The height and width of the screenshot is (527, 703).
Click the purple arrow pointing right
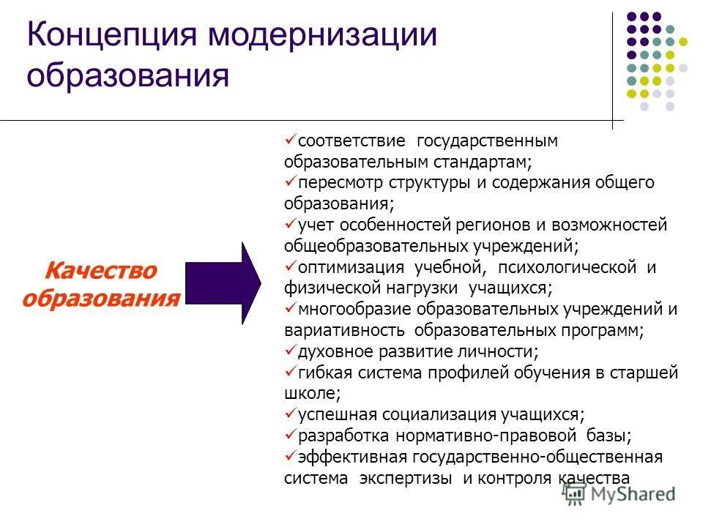223,283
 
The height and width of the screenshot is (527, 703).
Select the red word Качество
100,271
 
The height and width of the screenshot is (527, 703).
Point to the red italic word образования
100,299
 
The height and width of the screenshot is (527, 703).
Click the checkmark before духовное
290,351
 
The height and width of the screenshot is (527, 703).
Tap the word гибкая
325,373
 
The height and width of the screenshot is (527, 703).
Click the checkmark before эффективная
290,456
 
